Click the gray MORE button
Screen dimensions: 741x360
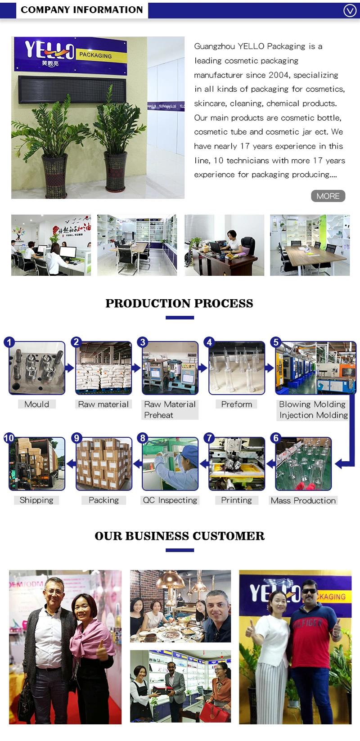pos(328,196)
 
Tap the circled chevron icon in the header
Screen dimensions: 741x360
pos(350,10)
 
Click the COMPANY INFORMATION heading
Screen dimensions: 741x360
pos(81,10)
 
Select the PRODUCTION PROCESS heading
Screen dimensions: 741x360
pos(179,303)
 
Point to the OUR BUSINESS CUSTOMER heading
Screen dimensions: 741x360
pos(180,536)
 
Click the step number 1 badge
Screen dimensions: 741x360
pos(9,342)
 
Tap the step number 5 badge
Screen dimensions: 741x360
pos(276,342)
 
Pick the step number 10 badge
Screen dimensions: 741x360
pos(9,438)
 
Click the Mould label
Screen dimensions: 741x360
pos(37,404)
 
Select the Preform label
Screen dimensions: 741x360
pos(236,404)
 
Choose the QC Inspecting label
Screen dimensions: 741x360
pos(170,500)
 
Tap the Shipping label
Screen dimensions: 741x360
pos(36,500)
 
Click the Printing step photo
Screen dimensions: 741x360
pos(237,464)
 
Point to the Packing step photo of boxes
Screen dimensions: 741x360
pos(104,464)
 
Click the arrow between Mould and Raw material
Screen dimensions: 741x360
pos(70,368)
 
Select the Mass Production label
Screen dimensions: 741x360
pos(303,500)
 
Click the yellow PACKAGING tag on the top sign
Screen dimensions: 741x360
pos(95,55)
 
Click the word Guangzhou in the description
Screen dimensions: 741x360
pos(214,46)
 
